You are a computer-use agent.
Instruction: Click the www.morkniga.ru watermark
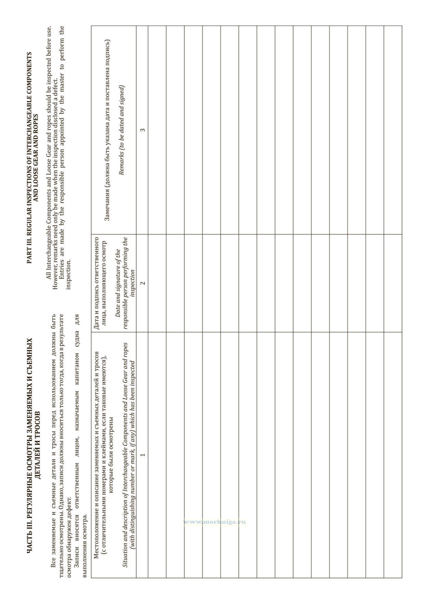[215, 522]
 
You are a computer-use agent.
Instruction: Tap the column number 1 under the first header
[142, 455]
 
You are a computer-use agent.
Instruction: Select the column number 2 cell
[142, 283]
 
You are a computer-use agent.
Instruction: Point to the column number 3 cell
[142, 130]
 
